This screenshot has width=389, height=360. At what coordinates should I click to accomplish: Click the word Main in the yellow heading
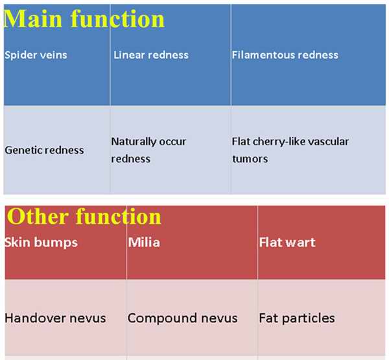[33, 19]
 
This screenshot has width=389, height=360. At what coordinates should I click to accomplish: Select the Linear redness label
[151, 55]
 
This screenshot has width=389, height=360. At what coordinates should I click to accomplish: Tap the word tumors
[250, 159]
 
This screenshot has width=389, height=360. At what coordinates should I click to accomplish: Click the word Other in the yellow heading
[38, 217]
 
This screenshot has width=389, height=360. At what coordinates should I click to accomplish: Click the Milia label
[144, 242]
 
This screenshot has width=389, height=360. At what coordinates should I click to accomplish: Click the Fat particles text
[297, 318]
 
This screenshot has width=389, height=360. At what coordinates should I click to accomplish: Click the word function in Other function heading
[119, 217]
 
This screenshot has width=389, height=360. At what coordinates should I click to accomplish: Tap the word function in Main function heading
[117, 19]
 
